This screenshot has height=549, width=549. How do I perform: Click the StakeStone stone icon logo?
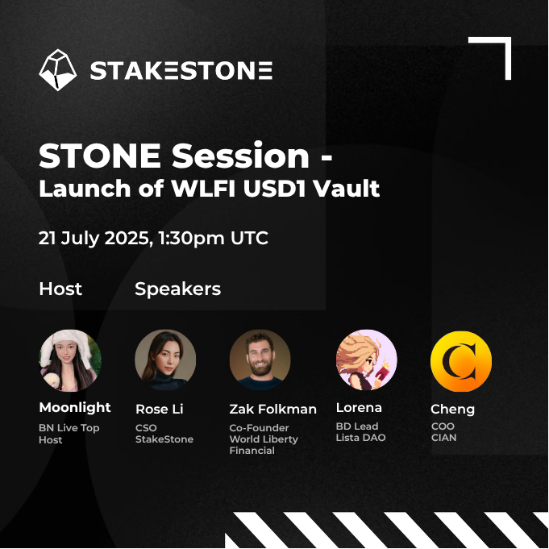pos(58,70)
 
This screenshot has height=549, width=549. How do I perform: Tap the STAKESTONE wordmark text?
pos(181,71)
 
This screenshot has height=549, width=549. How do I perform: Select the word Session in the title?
pos(240,156)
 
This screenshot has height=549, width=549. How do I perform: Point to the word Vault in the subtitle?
pos(347,189)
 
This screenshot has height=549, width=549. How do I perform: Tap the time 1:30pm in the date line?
pos(191,239)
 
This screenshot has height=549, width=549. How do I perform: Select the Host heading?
pos(60,289)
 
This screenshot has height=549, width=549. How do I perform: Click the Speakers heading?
pos(178,289)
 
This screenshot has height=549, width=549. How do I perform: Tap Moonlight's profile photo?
pos(70,360)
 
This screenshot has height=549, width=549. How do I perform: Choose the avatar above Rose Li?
pos(165,360)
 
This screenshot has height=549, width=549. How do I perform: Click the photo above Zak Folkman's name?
pos(260,360)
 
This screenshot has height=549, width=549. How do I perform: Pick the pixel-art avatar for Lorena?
pos(367,360)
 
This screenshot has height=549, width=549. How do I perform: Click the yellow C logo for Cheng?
pos(461,361)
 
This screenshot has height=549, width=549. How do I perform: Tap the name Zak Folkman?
pos(272,409)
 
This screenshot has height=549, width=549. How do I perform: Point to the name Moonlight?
pos(75,408)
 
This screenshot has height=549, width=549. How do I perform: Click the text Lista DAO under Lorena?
pos(360,438)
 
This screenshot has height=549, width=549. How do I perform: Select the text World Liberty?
pos(264,439)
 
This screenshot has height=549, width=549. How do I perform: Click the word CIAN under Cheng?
pos(443,438)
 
